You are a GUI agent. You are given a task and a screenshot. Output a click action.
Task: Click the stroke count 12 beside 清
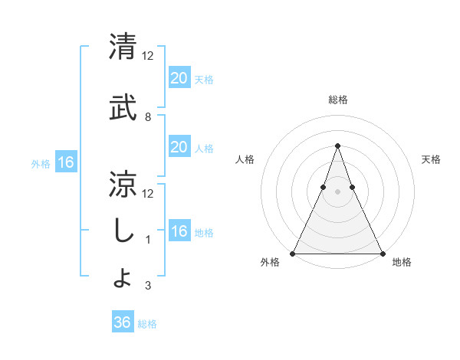coord(148,55)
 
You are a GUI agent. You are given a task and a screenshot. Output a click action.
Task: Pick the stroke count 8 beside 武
coord(148,117)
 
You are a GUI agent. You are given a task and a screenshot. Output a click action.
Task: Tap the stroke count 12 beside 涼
coord(148,193)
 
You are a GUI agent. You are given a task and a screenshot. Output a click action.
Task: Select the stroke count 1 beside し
coord(148,240)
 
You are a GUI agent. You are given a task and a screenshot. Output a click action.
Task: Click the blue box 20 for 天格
coord(179,77)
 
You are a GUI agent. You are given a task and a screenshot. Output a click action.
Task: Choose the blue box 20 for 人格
coord(179,147)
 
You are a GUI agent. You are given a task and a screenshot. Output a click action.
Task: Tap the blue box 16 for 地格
coord(179,231)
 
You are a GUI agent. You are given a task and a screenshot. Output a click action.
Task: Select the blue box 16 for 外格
coord(65,162)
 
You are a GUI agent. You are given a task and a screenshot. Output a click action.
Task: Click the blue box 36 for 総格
coord(122,322)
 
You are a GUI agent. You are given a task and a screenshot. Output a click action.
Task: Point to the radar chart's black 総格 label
coord(337,100)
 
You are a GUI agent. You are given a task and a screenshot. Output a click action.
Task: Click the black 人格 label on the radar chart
coord(245,159)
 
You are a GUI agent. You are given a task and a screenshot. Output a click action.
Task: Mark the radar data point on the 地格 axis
coord(382,253)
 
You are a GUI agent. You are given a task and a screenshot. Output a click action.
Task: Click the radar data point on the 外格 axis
coord(293,253)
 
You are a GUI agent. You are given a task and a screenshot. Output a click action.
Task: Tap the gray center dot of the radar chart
coord(337,192)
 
